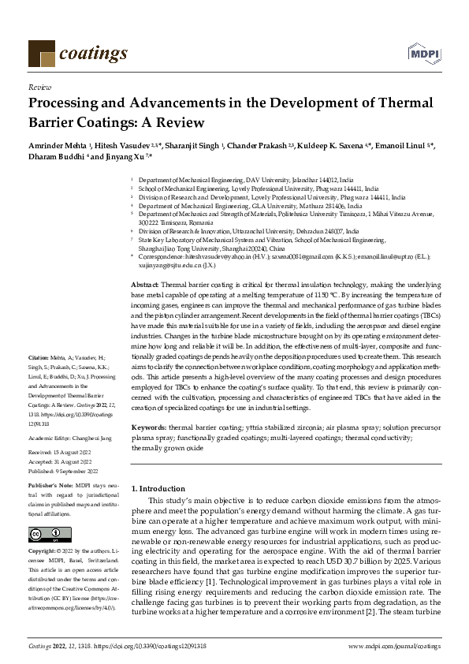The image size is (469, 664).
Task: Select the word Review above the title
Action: point(39,87)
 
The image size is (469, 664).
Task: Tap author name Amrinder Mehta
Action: point(58,147)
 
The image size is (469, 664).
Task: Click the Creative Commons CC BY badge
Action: point(49,535)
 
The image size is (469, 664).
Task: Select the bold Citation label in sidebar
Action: point(39,379)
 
